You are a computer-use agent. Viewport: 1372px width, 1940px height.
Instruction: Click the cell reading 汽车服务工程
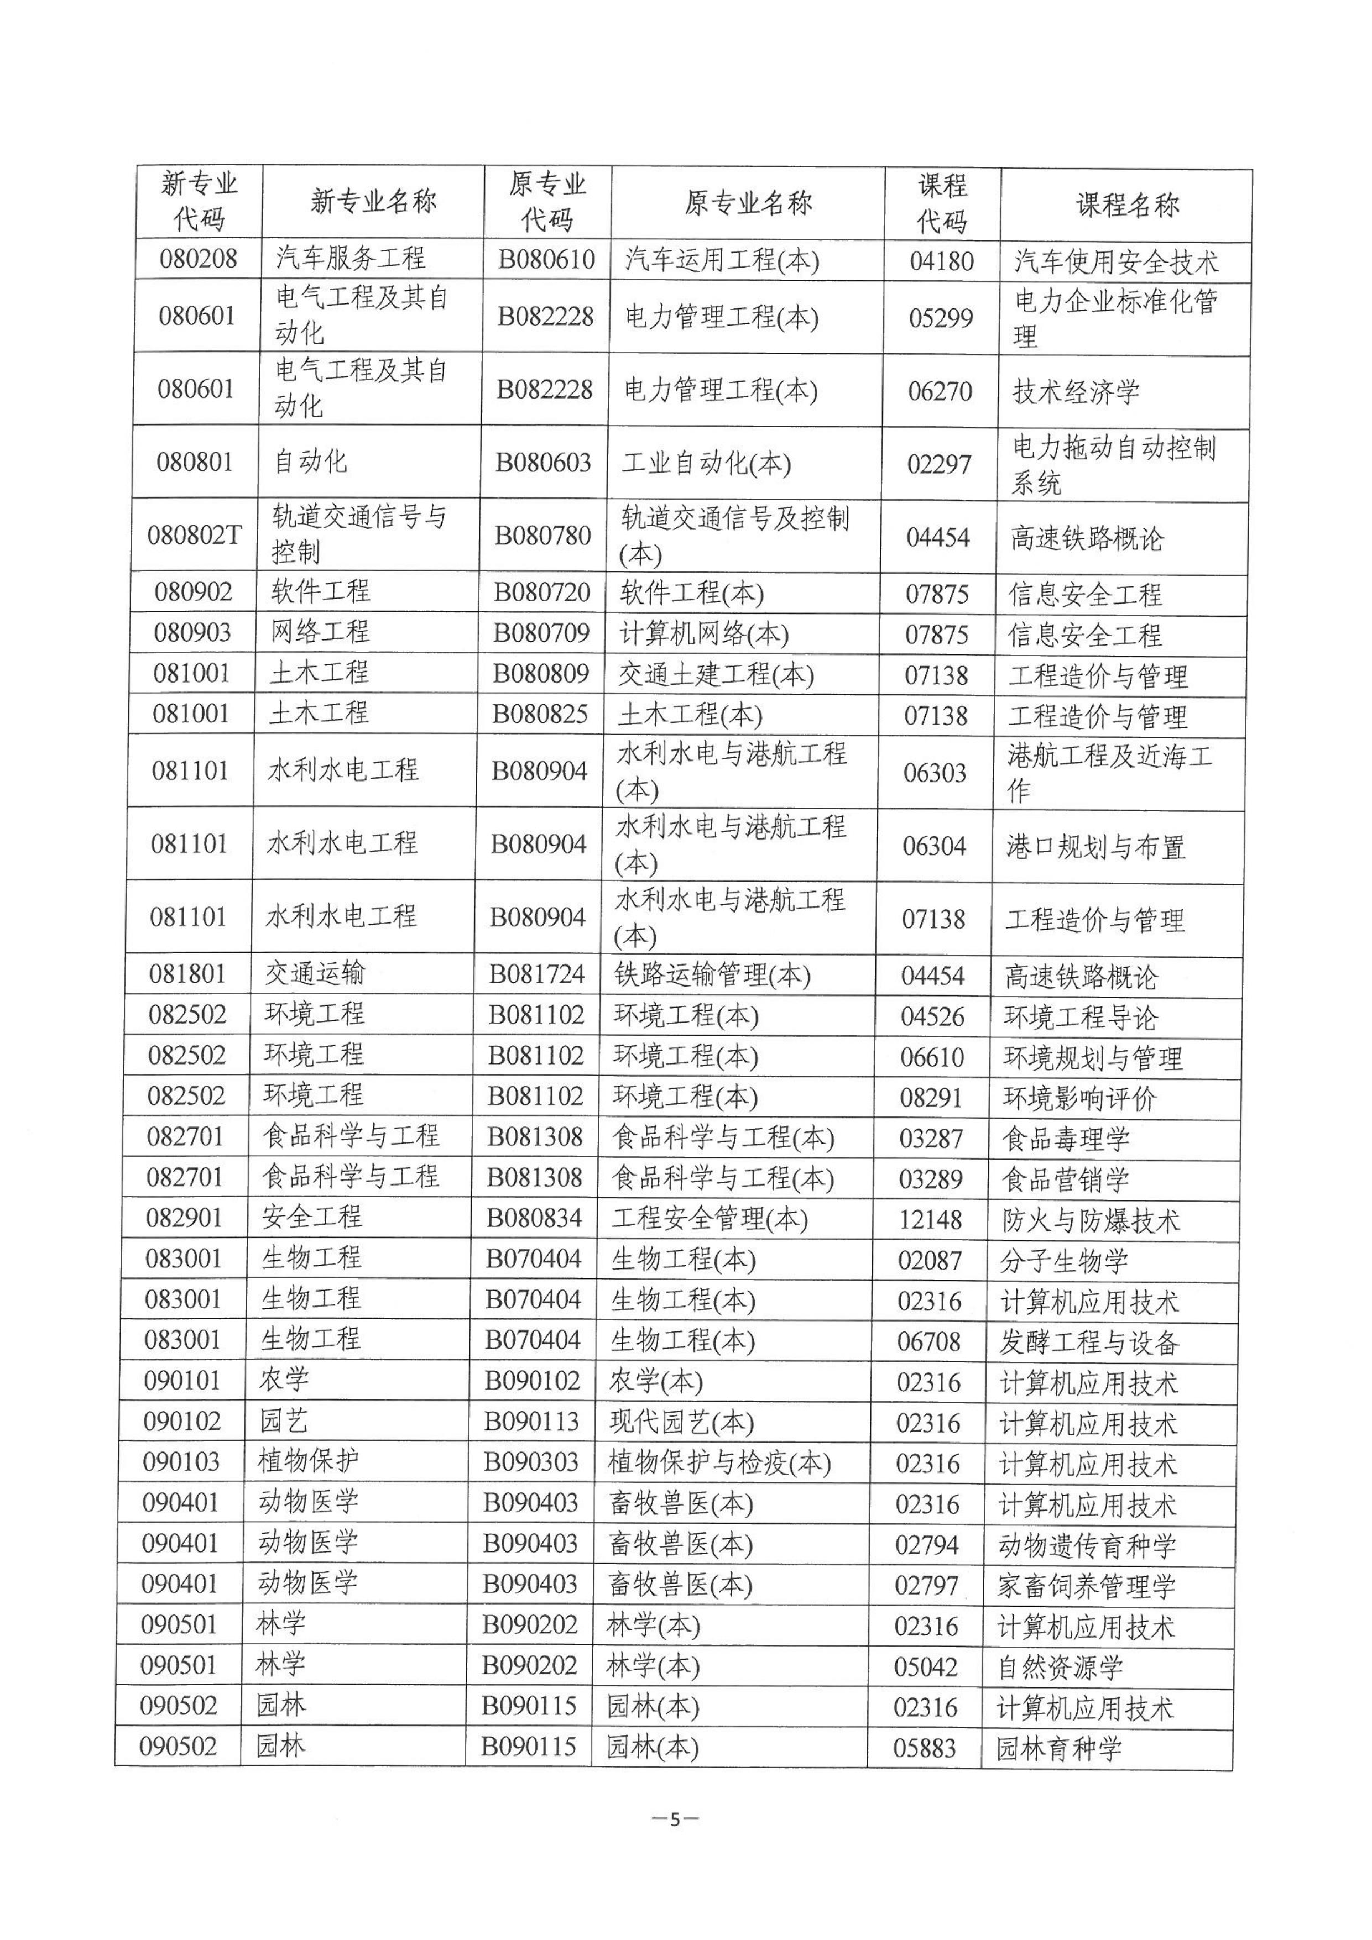click(x=351, y=259)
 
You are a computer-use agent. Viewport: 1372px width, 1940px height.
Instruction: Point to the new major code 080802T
click(x=195, y=535)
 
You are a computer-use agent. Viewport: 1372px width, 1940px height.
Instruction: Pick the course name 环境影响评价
click(x=1079, y=1098)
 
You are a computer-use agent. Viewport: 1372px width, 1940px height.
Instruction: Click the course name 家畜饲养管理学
click(x=1086, y=1586)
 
